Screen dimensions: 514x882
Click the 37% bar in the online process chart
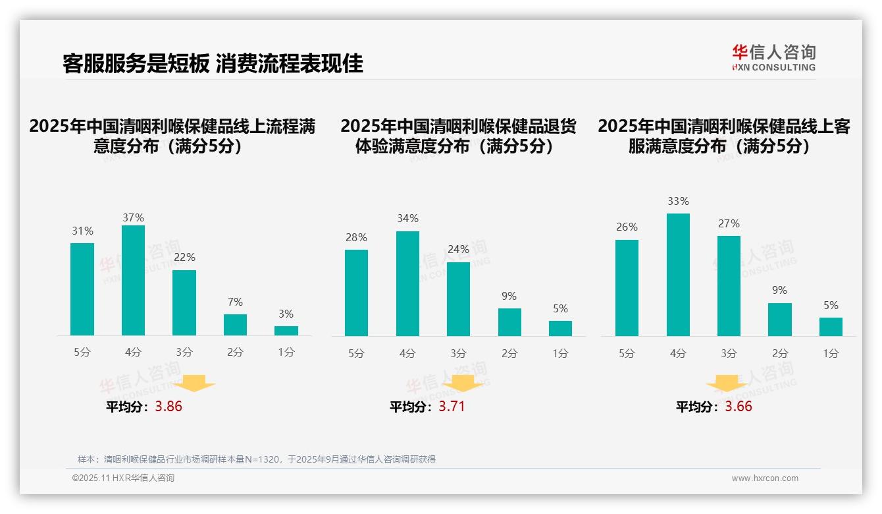133,280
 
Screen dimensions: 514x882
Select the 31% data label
82,231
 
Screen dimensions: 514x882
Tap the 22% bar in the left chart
184,302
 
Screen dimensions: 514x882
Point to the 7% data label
235,302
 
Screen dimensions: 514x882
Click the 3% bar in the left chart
286,331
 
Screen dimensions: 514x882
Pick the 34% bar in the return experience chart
407,283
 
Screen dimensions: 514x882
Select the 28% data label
356,238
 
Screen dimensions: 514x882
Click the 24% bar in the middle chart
458,299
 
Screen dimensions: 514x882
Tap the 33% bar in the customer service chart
678,275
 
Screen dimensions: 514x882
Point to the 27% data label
729,224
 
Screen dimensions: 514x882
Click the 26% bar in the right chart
627,288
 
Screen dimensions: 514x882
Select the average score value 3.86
169,407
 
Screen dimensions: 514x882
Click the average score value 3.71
452,407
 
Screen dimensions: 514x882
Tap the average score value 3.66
739,407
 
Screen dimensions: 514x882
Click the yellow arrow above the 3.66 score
727,384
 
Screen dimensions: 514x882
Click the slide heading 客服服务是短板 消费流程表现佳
213,63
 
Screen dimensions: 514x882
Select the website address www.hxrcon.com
765,478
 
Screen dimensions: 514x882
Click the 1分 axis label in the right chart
831,354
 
